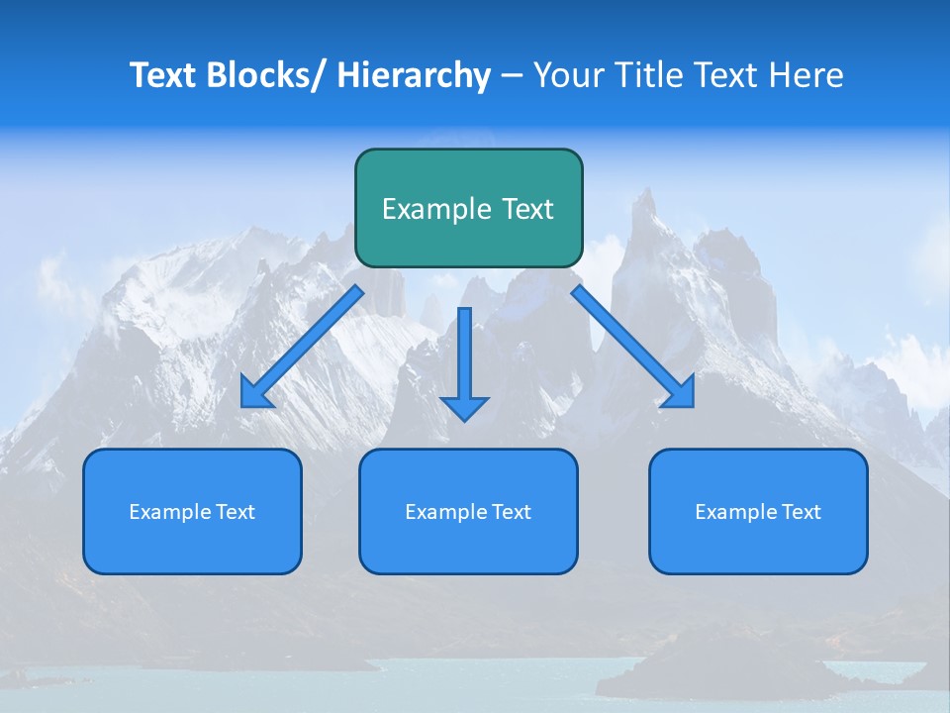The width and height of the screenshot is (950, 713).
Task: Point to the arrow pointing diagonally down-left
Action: [x=303, y=348]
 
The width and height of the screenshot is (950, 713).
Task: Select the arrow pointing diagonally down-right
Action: [x=633, y=348]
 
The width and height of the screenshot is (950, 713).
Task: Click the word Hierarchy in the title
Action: [x=414, y=75]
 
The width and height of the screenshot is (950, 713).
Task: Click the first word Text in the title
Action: [x=164, y=75]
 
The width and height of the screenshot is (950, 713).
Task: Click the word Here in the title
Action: [x=805, y=75]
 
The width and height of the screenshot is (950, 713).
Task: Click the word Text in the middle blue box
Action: [x=512, y=512]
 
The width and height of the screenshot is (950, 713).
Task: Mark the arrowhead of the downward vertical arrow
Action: [x=464, y=406]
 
